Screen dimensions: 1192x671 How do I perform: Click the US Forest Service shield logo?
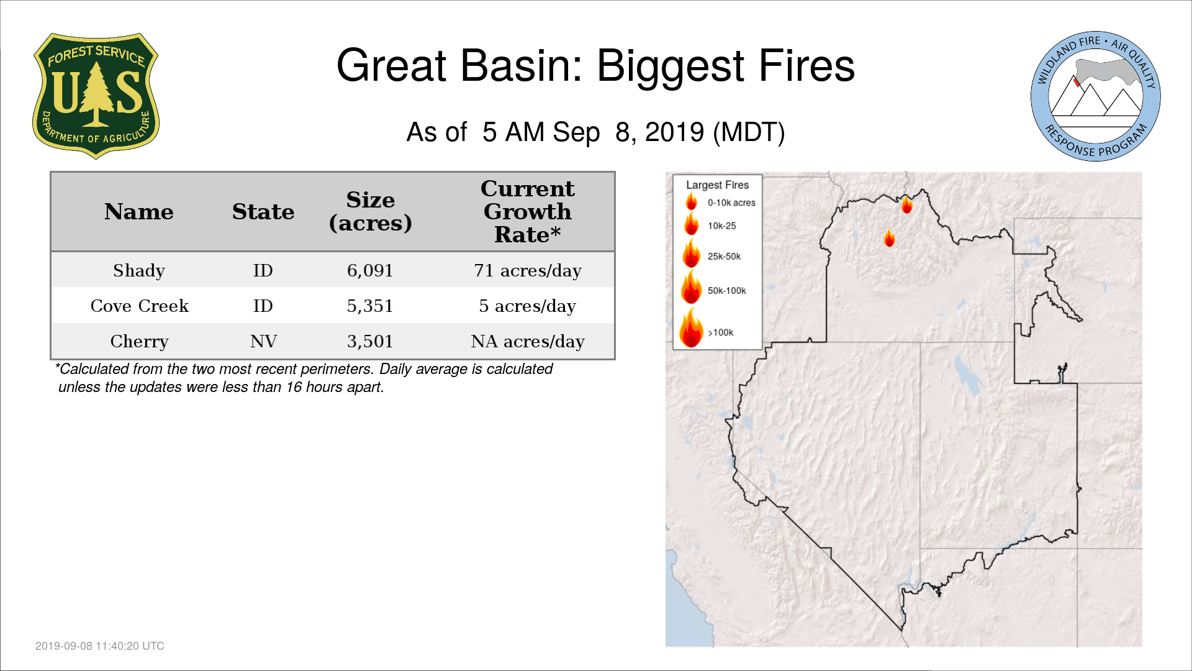(x=96, y=96)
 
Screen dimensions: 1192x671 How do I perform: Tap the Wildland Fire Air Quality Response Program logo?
(x=1096, y=96)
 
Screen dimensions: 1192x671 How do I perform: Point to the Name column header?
(x=139, y=212)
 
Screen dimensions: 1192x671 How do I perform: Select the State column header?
(x=263, y=212)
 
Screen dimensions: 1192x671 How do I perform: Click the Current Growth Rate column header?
(x=528, y=212)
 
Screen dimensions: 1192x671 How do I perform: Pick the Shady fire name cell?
(x=139, y=271)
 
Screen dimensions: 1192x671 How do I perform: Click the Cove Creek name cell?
(x=140, y=306)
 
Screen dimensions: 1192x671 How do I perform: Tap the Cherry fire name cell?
(x=140, y=342)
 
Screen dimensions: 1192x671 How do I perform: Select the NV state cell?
(x=263, y=342)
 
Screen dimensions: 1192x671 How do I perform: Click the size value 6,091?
(x=370, y=271)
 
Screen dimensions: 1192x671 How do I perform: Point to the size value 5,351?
(x=370, y=306)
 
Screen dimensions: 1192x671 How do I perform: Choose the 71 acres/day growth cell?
(x=528, y=271)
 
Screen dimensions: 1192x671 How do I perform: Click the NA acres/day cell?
(x=528, y=342)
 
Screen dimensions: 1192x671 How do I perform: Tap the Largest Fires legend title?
(x=718, y=185)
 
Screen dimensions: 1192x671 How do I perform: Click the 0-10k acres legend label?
(x=731, y=203)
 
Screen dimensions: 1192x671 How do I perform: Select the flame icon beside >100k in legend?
(x=691, y=327)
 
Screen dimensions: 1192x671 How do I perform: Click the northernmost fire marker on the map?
(x=907, y=204)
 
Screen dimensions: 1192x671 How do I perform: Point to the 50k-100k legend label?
(x=727, y=291)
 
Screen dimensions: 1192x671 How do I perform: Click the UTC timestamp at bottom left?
(x=100, y=646)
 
